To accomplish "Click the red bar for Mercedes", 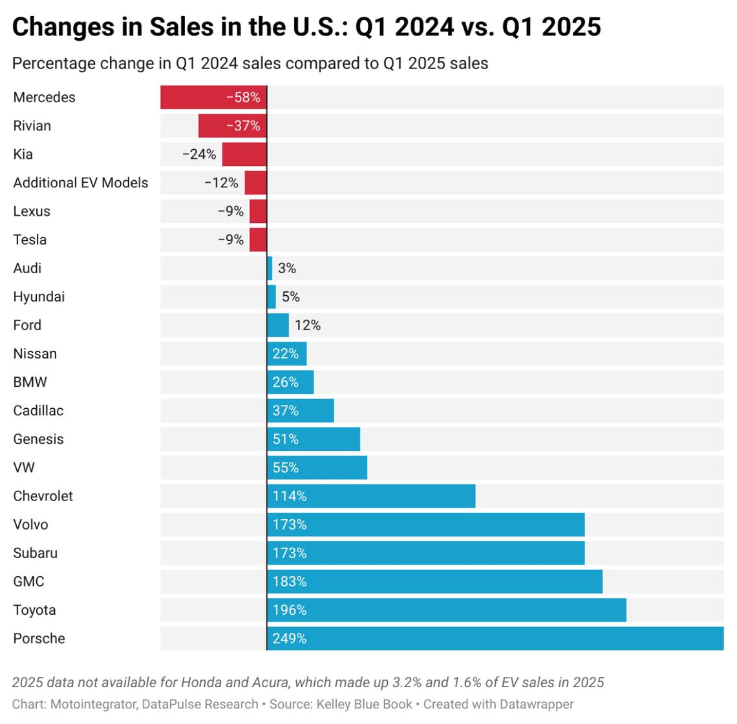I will (213, 98).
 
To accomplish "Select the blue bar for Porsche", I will (495, 639).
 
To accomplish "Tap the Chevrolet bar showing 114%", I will (371, 496).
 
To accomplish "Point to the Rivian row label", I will (32, 126).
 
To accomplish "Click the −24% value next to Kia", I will (199, 154).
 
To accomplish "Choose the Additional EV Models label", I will (80, 183).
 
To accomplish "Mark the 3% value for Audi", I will (286, 268).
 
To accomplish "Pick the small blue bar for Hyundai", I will (272, 297).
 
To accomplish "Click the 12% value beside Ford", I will (308, 326).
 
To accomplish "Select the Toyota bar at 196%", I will (446, 610).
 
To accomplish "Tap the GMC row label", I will (28, 582).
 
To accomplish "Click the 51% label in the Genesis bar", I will (285, 440).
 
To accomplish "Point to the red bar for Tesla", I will (258, 240).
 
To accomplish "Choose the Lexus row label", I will (31, 211).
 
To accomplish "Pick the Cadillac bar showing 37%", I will (301, 411).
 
